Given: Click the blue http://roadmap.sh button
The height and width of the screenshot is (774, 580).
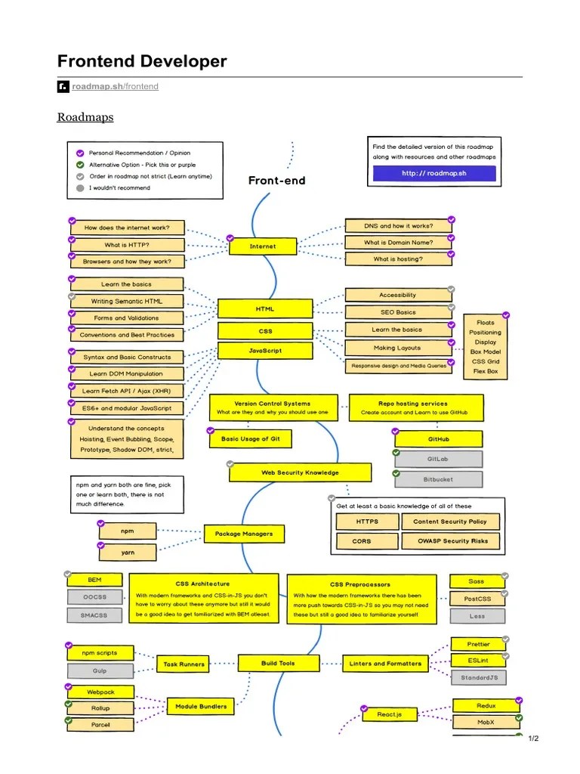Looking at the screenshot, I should pyautogui.click(x=434, y=173).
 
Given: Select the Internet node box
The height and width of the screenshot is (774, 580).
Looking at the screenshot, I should pyautogui.click(x=263, y=246).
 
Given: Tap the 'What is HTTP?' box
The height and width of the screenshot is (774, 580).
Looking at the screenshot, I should pyautogui.click(x=127, y=245).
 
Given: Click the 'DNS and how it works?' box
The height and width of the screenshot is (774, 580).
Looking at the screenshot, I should pyautogui.click(x=398, y=226).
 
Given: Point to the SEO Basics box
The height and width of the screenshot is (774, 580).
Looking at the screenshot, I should pyautogui.click(x=398, y=312).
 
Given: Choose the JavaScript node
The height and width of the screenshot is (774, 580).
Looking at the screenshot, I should pyautogui.click(x=265, y=351).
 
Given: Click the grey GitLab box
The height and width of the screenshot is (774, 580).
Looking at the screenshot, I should pyautogui.click(x=438, y=459).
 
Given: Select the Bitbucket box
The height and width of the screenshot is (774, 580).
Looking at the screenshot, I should pyautogui.click(x=438, y=479).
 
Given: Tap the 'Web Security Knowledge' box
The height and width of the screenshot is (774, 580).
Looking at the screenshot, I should pyautogui.click(x=300, y=473).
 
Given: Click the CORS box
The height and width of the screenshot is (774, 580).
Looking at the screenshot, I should pyautogui.click(x=362, y=541).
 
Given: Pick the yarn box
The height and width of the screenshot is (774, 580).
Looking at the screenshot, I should pyautogui.click(x=128, y=553).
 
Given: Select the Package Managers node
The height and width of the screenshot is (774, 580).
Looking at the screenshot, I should pyautogui.click(x=244, y=534).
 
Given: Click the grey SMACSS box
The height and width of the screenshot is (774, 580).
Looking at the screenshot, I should pyautogui.click(x=94, y=615).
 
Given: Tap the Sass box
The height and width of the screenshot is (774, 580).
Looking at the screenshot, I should pyautogui.click(x=477, y=581).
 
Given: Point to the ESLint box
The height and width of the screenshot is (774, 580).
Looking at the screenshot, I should pyautogui.click(x=478, y=661).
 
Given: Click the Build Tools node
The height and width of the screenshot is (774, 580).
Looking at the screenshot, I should pyautogui.click(x=279, y=664).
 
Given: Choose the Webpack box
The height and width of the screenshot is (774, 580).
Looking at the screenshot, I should pyautogui.click(x=100, y=692).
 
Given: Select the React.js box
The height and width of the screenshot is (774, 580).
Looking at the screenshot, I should pyautogui.click(x=390, y=714).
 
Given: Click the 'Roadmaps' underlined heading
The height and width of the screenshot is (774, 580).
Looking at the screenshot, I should pyautogui.click(x=85, y=117).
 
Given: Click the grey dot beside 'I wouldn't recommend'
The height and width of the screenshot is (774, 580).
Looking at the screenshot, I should pyautogui.click(x=80, y=187).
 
